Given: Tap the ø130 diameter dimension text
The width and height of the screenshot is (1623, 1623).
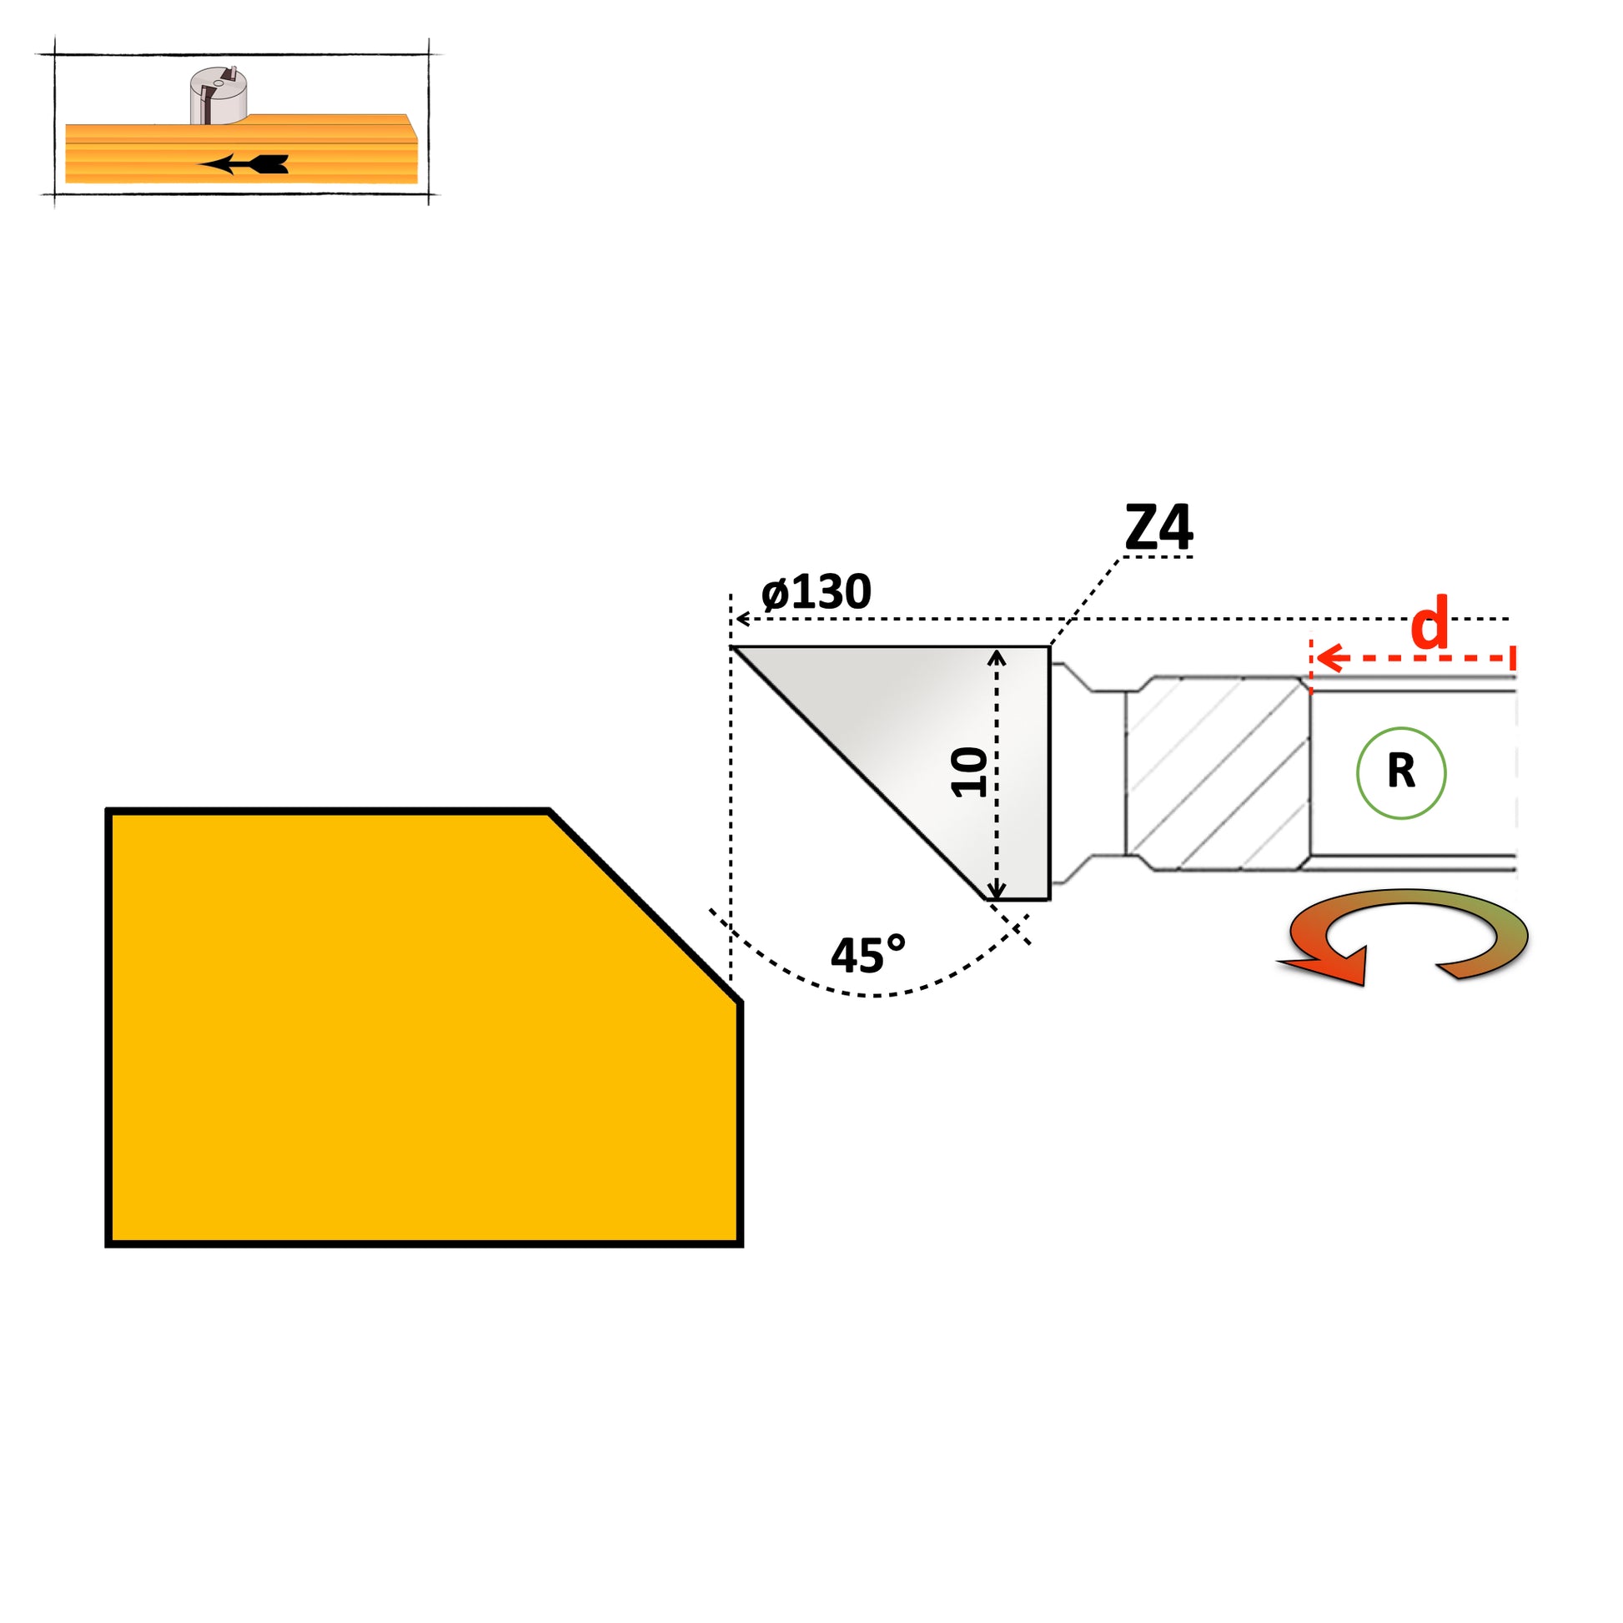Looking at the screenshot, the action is pyautogui.click(x=816, y=592).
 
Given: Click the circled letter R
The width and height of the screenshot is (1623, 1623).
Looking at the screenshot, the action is pyautogui.click(x=1401, y=772).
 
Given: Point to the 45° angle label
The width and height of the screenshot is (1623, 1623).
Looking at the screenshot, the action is pyautogui.click(x=867, y=955).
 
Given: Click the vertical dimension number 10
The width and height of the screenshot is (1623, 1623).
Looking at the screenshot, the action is pyautogui.click(x=968, y=772).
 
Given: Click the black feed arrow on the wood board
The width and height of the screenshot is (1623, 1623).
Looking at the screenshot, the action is pyautogui.click(x=244, y=163).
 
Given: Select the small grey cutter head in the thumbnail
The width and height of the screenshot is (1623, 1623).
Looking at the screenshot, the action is pyautogui.click(x=219, y=95).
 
